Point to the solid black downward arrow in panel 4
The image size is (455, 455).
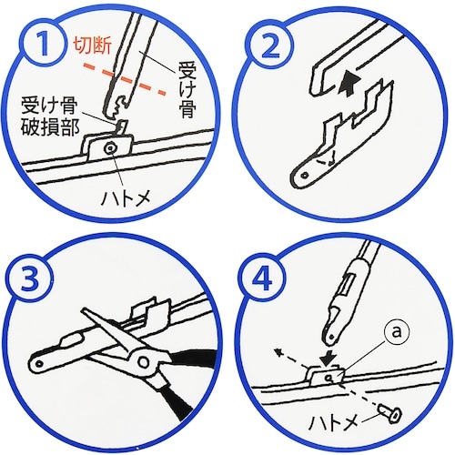329,361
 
